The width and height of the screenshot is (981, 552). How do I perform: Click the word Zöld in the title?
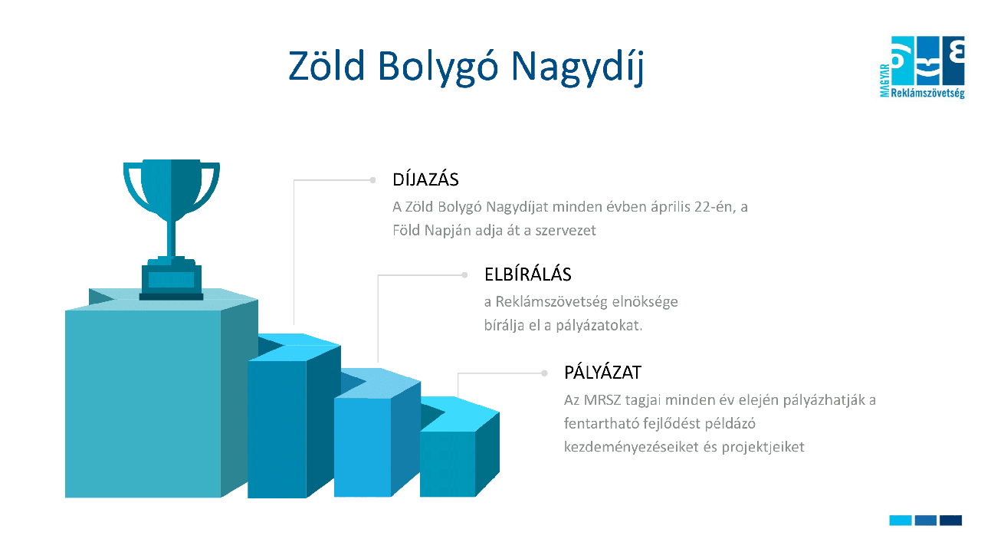point(326,66)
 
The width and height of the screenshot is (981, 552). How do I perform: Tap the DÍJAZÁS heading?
point(425,179)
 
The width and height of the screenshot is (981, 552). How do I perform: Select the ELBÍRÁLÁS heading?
point(528,274)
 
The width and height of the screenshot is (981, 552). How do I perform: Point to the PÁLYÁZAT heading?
point(602,373)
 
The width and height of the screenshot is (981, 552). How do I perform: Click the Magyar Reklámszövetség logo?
point(922,67)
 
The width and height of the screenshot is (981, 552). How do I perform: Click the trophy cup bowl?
point(171,189)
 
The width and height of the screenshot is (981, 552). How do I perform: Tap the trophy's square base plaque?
point(171,278)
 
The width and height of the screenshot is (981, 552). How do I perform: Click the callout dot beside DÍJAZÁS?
point(372,180)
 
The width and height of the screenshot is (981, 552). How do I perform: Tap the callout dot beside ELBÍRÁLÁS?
point(464,275)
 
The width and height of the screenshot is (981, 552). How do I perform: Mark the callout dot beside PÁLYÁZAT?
point(544,373)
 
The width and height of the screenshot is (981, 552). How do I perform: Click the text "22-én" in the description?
point(713,207)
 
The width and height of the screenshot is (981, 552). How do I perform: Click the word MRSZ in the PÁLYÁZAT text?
point(602,400)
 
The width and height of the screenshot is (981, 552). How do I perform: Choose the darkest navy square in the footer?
point(950,520)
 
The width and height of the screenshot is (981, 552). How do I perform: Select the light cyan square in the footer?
point(901,520)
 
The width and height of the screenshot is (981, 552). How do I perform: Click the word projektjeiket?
point(763,447)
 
